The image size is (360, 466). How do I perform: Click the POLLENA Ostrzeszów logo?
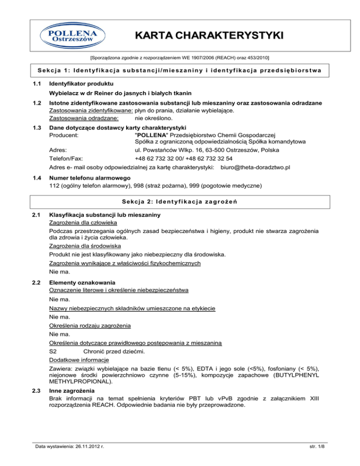pos(69,36)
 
